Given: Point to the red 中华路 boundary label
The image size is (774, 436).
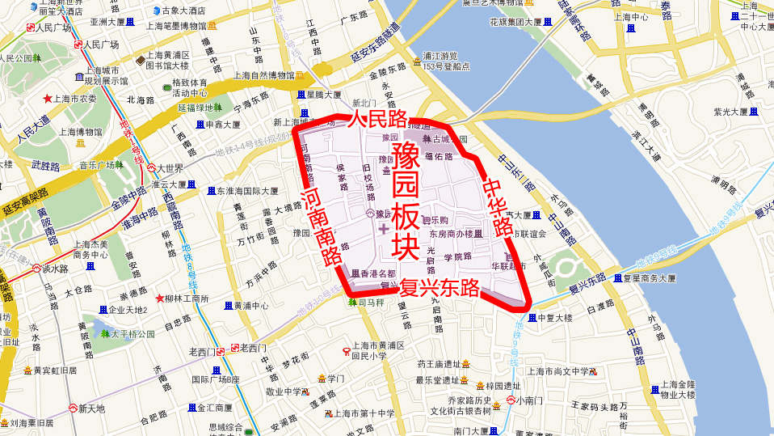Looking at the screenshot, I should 498,205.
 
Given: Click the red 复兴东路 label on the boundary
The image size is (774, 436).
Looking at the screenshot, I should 440,288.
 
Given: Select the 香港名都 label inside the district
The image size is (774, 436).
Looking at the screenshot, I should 378,273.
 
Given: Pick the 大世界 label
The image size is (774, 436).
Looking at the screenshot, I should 170,168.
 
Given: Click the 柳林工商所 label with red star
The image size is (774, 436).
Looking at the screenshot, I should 187,298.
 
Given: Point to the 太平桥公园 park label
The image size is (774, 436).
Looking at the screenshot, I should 133,333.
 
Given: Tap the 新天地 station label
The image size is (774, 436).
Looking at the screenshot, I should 91,408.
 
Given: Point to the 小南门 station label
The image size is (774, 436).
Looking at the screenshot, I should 532,400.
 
